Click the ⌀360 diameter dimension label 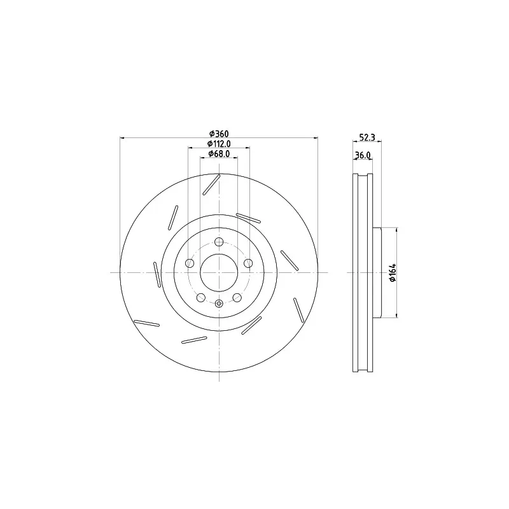pyautogui.click(x=219, y=134)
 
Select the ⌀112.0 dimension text pyautogui.click(x=219, y=144)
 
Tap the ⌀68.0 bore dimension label pyautogui.click(x=219, y=153)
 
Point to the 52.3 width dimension pyautogui.click(x=367, y=137)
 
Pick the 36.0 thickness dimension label pyautogui.click(x=363, y=155)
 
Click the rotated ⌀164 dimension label pyautogui.click(x=393, y=273)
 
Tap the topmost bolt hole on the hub pyautogui.click(x=219, y=242)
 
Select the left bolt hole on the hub pyautogui.click(x=190, y=263)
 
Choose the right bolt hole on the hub pyautogui.click(x=249, y=263)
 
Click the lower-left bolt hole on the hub pyautogui.click(x=201, y=297)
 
